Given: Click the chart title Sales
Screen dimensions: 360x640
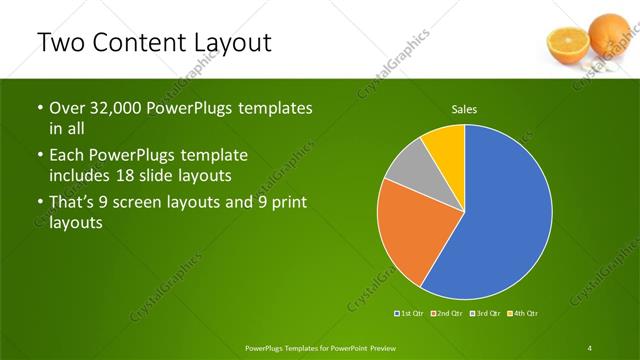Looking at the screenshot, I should (464, 109).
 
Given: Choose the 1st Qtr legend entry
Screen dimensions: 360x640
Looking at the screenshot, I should (411, 314).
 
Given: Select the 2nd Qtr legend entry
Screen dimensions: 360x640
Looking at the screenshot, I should (448, 314).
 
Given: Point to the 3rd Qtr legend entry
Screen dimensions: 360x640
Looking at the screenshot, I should (485, 314).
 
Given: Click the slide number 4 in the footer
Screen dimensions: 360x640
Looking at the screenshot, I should (589, 347).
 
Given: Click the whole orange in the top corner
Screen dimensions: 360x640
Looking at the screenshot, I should (608, 33).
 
